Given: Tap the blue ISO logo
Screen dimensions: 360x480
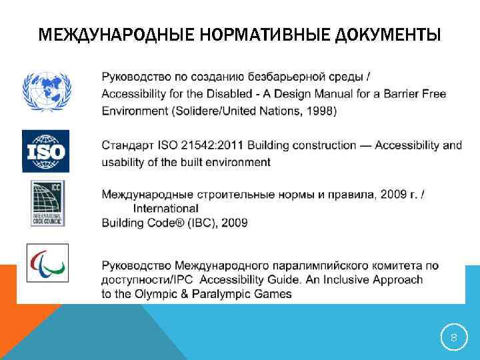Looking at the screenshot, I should pos(45,152).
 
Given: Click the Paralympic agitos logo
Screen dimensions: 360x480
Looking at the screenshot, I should pos(47,263).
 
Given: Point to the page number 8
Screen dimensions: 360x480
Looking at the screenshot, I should pos(454,339).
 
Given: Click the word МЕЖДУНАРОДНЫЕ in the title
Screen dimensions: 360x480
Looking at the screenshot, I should pos(103,34).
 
